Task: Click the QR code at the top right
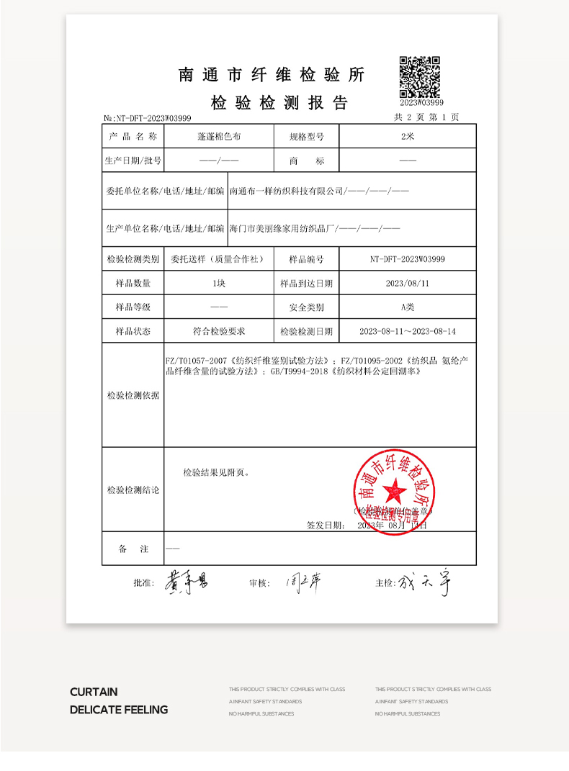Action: pos(420,76)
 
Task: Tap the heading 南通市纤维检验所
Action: pos(272,76)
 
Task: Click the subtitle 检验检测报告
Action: pos(279,103)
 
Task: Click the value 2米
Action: pos(408,136)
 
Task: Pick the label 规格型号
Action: pos(306,136)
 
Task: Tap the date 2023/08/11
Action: pos(408,284)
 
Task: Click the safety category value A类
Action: pos(408,307)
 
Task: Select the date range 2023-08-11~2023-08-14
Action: pos(408,332)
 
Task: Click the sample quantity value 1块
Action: pos(219,284)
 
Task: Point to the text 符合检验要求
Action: pos(219,332)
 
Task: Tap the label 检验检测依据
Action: pos(133,395)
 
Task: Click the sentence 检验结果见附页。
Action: pos(217,473)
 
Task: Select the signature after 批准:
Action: pos(187,582)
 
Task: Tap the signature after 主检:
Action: pos(425,582)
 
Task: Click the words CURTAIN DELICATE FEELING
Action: pos(119,700)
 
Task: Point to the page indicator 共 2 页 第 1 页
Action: pos(426,117)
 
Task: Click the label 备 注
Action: pos(133,549)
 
